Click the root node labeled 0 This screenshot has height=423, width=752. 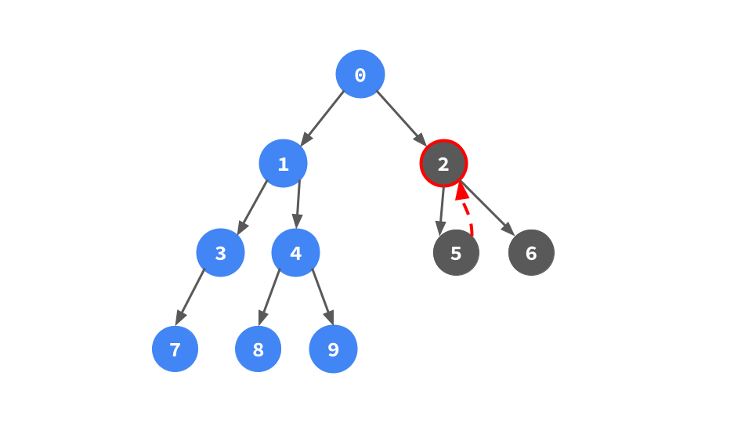360,74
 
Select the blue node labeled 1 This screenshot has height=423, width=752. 284,164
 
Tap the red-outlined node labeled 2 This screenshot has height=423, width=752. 443,164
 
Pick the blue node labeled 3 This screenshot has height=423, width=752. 220,253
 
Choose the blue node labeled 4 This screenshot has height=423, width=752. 295,253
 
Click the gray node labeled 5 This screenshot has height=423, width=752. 456,253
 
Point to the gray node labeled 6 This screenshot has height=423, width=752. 531,253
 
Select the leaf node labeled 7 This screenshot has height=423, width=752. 175,349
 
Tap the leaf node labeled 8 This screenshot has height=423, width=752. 258,349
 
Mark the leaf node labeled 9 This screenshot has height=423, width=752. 333,349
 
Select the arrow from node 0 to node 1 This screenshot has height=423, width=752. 323,117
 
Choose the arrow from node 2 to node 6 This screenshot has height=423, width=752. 486,208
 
